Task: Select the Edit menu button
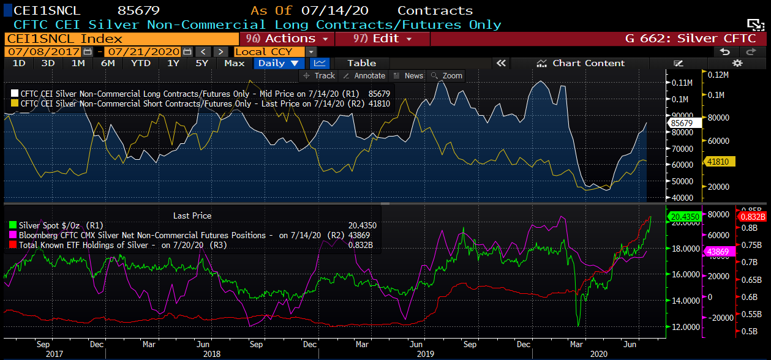tap(384, 39)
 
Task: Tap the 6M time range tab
tap(108, 63)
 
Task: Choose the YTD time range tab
tap(140, 63)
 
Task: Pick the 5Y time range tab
tap(201, 63)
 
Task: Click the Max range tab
tap(234, 63)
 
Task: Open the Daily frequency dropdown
tap(278, 63)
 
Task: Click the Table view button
tap(361, 63)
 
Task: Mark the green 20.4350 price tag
tap(685, 217)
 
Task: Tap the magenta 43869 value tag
tap(718, 252)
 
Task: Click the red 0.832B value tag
tap(752, 217)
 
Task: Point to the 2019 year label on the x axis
tap(426, 354)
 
